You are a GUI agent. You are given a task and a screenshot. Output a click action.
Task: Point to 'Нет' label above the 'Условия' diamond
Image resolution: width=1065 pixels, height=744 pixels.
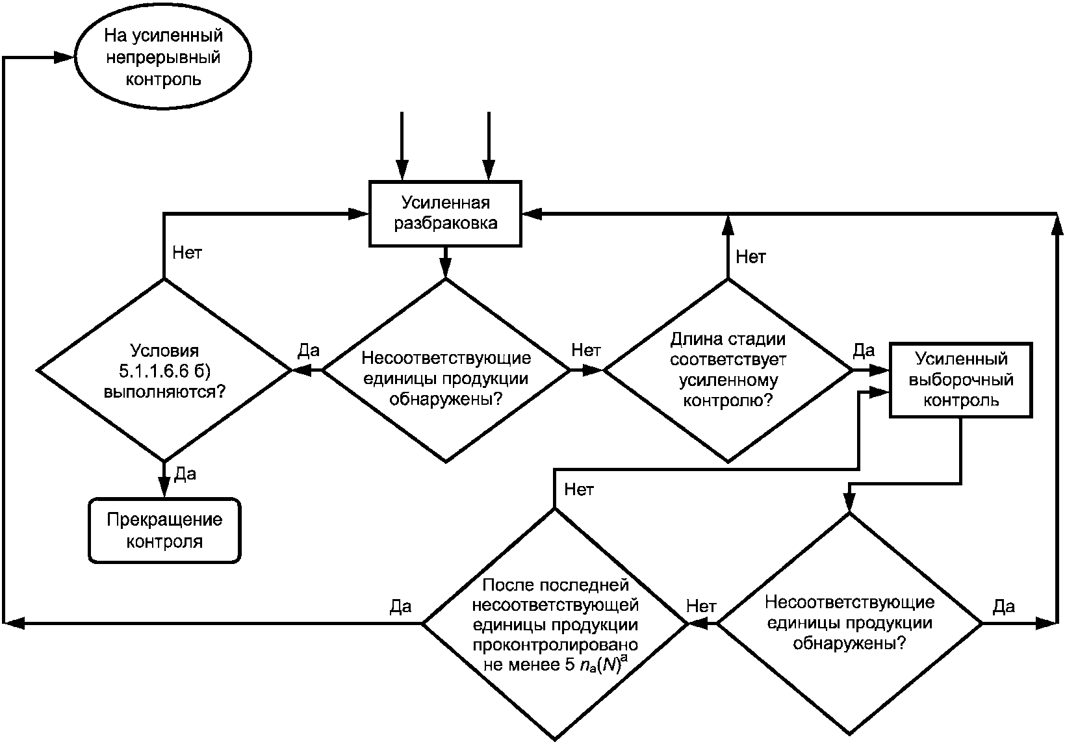(x=187, y=252)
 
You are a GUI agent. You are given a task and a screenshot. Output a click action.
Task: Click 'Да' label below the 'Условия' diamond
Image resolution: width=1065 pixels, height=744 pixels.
(x=185, y=474)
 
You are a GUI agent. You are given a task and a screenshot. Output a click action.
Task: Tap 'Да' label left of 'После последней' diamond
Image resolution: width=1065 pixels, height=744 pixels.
(x=400, y=606)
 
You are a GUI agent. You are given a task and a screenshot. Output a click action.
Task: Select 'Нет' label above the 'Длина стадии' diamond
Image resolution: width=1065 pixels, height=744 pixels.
(x=751, y=257)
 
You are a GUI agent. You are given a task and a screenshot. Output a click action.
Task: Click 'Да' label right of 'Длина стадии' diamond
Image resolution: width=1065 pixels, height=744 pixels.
(x=864, y=350)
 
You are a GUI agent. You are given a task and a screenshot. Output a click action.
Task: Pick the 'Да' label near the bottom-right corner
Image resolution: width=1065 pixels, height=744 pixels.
(x=1004, y=606)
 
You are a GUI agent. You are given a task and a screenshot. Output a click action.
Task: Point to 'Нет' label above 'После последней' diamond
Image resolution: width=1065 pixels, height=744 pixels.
(x=578, y=489)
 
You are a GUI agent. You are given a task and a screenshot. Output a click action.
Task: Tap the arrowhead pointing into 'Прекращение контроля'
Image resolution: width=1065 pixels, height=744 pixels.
(x=164, y=487)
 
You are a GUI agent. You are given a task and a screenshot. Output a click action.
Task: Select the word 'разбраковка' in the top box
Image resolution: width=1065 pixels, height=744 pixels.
(x=446, y=223)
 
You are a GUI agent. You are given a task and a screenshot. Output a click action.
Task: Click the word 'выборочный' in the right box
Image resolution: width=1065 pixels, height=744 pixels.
(x=961, y=380)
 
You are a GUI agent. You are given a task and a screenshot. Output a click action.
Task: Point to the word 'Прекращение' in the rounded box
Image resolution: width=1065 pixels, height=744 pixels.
(x=164, y=520)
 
